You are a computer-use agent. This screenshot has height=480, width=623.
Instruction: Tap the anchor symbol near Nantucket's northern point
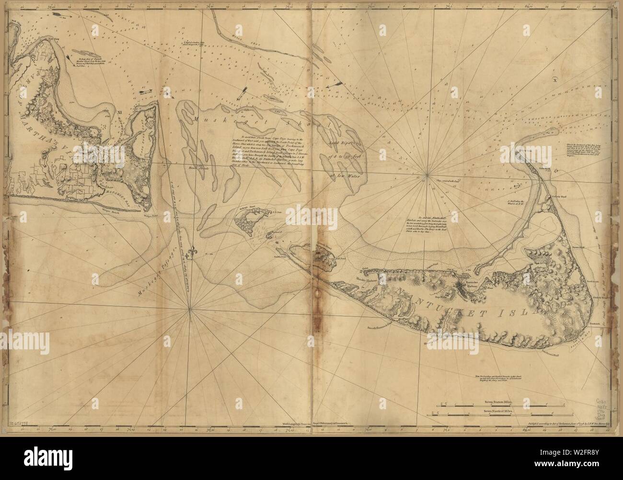point(518,185)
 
